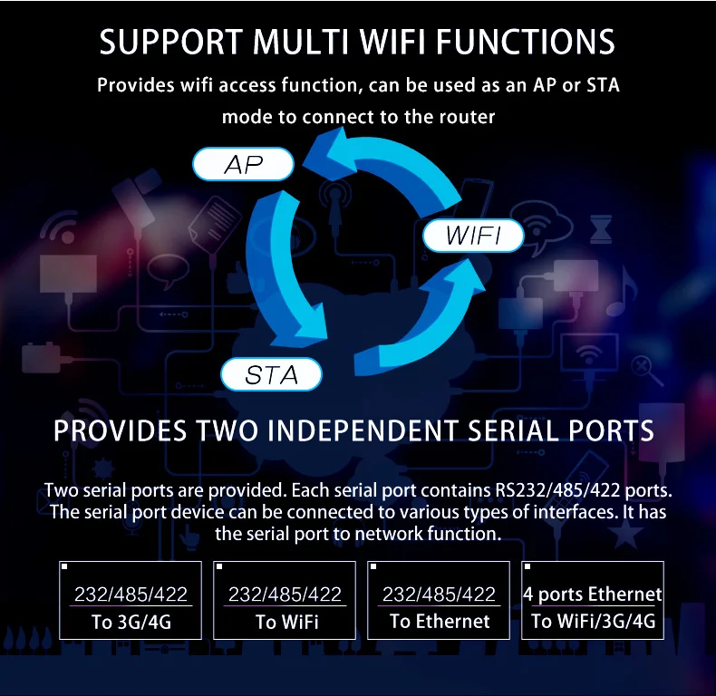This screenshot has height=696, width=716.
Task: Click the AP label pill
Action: (243, 165)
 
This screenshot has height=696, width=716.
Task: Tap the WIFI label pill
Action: (473, 237)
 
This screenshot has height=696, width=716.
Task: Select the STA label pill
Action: (272, 374)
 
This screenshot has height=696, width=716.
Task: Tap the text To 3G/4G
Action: (131, 623)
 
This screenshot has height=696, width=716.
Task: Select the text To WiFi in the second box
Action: (286, 623)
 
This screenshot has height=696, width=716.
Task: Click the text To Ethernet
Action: (440, 622)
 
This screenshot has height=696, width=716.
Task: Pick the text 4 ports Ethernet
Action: (593, 594)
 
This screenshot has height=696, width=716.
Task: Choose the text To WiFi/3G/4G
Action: (593, 622)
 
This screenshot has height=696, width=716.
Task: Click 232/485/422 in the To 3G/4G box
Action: (131, 594)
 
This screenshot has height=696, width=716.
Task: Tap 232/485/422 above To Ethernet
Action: (440, 594)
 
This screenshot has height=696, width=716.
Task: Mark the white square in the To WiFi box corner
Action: (219, 567)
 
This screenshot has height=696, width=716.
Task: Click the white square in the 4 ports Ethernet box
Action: (528, 567)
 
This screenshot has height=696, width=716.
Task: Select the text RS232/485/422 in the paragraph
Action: (548, 491)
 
